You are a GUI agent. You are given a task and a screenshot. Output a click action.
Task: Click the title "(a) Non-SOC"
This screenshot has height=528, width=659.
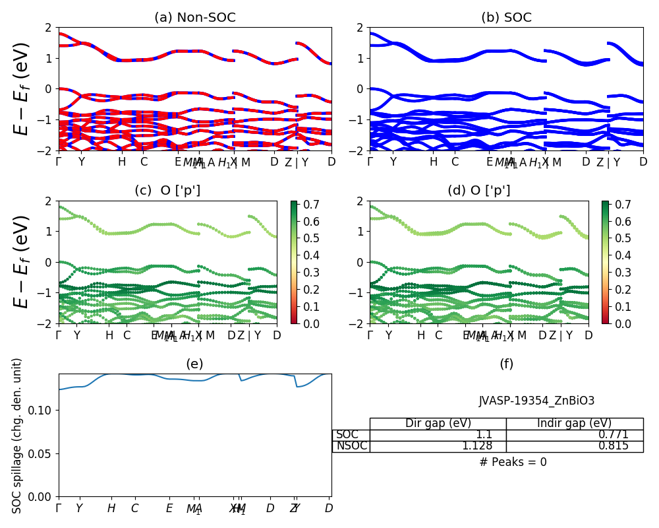[x=194, y=18]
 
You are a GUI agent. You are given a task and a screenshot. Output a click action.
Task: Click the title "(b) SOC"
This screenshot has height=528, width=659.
[x=506, y=18]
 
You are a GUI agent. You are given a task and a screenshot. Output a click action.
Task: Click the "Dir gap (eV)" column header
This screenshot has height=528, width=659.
[x=438, y=424]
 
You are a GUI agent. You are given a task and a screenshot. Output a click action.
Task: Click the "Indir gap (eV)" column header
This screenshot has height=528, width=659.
[x=574, y=424]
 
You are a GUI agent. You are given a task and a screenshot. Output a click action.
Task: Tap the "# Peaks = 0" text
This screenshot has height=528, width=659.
[x=513, y=462]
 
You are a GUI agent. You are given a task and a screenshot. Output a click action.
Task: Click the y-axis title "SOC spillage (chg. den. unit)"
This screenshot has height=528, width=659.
[x=18, y=436]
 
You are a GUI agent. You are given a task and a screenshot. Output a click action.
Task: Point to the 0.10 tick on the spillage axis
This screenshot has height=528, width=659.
[x=43, y=411]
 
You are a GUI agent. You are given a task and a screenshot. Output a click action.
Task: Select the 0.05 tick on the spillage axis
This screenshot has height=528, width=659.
[x=43, y=453]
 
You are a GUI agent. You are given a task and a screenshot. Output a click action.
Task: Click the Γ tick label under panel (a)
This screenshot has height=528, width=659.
[x=59, y=162]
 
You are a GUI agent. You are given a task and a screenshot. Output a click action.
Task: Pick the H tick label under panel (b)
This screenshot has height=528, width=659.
[x=433, y=162]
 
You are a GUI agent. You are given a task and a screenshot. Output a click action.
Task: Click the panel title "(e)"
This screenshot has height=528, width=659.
[x=194, y=364]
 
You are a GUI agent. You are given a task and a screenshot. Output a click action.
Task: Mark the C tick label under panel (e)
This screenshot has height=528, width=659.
[x=134, y=508]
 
